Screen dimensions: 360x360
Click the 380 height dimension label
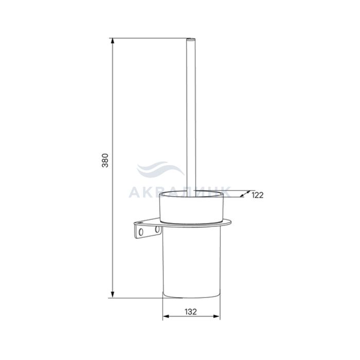[105, 160]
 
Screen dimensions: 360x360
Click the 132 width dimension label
[191, 312]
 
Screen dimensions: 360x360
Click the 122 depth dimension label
[258, 195]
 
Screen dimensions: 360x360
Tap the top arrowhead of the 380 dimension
[112, 41]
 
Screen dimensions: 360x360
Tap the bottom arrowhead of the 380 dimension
[112, 295]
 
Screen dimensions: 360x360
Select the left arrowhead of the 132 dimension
[166, 316]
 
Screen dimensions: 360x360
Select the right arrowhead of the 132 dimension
[217, 316]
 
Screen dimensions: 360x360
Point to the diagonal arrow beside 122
[245, 194]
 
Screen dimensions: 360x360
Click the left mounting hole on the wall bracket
[141, 232]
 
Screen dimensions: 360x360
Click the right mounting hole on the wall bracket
[157, 229]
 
